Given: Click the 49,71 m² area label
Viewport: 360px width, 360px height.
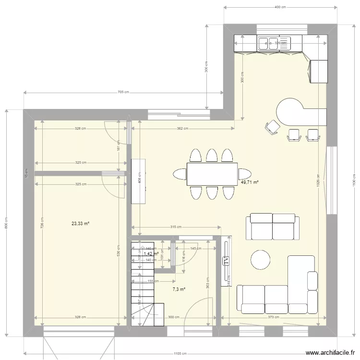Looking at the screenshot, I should tap(250, 182).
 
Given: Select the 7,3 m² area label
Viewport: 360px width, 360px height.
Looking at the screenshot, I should tap(179, 289).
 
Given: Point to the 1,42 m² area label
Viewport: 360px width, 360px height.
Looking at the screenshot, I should tap(151, 253).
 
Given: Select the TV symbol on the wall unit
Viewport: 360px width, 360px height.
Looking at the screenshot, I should tap(226, 261).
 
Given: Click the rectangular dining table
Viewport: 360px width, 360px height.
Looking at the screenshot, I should tap(212, 174).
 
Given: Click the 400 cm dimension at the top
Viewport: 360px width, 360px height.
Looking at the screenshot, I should tap(280, 7).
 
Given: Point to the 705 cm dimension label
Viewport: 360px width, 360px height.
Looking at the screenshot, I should tap(123, 93).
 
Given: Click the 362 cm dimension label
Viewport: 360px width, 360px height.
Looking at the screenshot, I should tap(182, 129).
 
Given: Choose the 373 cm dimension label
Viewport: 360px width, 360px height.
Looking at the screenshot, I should tap(273, 317).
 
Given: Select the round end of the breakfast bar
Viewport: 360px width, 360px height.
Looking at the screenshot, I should tap(288, 110).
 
